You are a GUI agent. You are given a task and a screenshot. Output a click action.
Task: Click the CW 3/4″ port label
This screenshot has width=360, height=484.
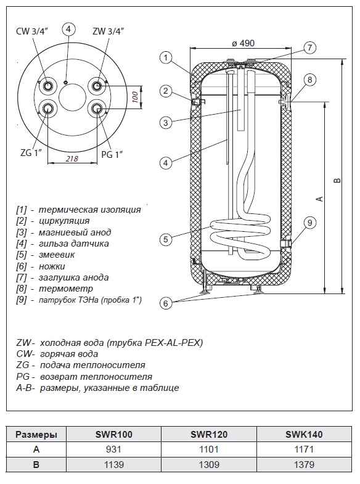pyautogui.click(x=32, y=31)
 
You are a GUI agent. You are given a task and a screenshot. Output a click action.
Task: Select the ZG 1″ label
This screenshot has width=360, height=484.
pyautogui.click(x=31, y=152)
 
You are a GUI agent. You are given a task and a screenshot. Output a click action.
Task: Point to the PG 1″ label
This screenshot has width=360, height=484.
pyautogui.click(x=112, y=154)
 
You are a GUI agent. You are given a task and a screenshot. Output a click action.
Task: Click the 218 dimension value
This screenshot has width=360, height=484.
pyautogui.click(x=72, y=158)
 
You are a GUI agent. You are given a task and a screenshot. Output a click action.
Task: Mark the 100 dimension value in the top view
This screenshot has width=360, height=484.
pyautogui.click(x=134, y=97)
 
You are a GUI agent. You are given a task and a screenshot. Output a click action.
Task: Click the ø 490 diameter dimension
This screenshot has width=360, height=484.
pyautogui.click(x=243, y=43)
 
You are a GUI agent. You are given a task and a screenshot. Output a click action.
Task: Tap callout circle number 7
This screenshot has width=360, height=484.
pyautogui.click(x=309, y=48)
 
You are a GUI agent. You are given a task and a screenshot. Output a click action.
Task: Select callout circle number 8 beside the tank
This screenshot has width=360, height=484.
pyautogui.click(x=309, y=80)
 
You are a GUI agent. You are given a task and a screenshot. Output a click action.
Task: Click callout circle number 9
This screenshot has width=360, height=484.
pyautogui.click(x=309, y=223)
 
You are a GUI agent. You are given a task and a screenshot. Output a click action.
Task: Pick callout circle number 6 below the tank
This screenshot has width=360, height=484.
pyautogui.click(x=166, y=303)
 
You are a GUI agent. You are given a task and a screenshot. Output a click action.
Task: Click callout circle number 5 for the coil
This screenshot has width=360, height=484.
pyautogui.click(x=166, y=239)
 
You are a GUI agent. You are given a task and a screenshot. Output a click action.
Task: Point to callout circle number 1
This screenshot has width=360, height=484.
pyautogui.click(x=166, y=58)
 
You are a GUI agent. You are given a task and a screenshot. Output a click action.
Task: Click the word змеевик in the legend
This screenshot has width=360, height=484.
pyautogui.click(x=57, y=255)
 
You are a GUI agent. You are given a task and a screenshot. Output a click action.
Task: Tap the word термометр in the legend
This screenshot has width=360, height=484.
pyautogui.click(x=66, y=289)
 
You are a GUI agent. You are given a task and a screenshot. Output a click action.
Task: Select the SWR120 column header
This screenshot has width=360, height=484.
pyautogui.click(x=209, y=434)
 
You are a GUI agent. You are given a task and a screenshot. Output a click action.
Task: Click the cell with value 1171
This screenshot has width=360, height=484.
pyautogui.click(x=304, y=449)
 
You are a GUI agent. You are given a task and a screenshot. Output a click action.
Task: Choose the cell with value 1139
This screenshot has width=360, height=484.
pyautogui.click(x=114, y=464)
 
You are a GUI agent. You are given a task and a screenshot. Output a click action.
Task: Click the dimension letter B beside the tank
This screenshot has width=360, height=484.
pyautogui.click(x=338, y=180)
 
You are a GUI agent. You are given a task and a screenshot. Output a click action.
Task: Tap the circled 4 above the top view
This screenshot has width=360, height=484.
pyautogui.click(x=68, y=29)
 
